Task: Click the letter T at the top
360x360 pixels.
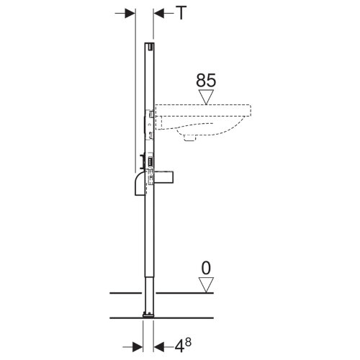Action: (x=181, y=13)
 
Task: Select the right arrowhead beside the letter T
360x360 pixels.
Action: (x=159, y=13)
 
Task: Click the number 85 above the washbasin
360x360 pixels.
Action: (x=206, y=80)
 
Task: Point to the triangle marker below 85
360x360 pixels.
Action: (x=206, y=97)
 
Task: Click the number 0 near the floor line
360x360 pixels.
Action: (x=206, y=268)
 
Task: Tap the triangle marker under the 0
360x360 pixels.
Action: (x=206, y=285)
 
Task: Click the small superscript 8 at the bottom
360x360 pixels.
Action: (x=189, y=342)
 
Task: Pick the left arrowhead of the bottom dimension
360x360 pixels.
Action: (x=138, y=347)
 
